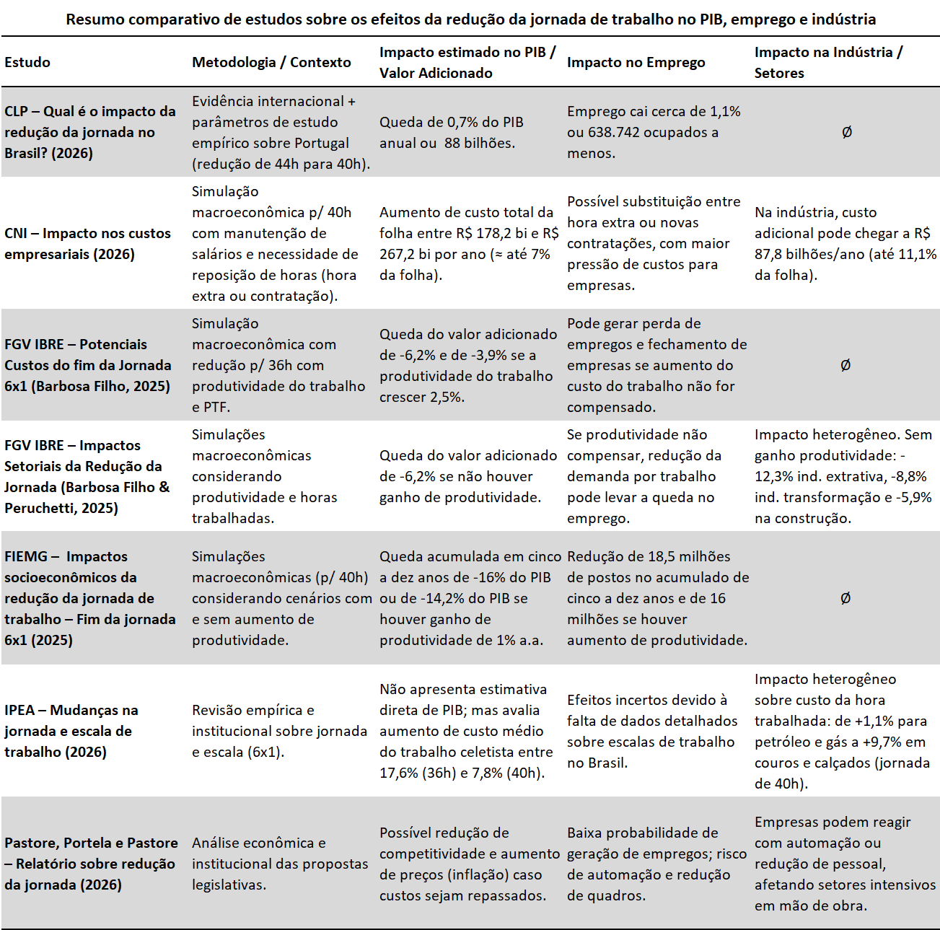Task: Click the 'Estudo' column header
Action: tap(27, 62)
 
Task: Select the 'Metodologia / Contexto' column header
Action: tap(271, 62)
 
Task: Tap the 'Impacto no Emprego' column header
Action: tap(636, 62)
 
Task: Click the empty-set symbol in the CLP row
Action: tap(846, 132)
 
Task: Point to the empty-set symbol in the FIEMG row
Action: tap(845, 598)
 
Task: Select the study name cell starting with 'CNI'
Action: tap(87, 244)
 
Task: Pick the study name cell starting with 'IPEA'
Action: tap(71, 731)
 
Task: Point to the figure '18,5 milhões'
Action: tap(690, 556)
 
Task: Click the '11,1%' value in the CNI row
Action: tap(916, 254)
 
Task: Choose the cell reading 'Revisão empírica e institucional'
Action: tap(279, 731)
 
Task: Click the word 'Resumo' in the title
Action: tap(94, 19)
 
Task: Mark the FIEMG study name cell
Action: tap(89, 598)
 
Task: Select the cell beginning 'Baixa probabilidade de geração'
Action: tap(656, 864)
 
